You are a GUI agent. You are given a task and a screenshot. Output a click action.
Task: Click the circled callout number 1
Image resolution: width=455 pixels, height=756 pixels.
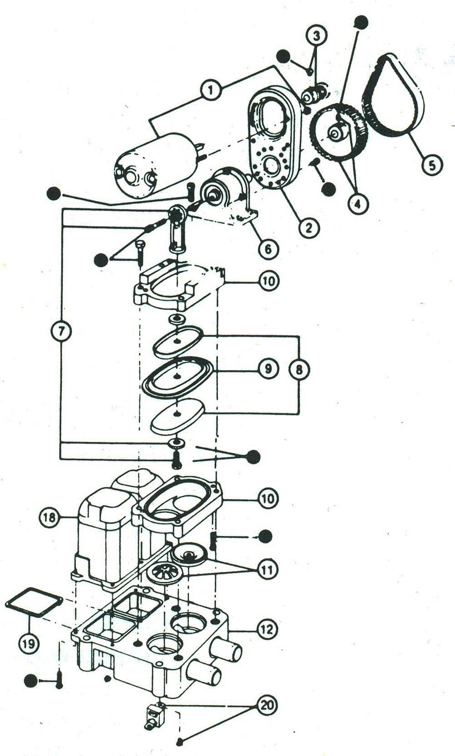pyautogui.click(x=211, y=91)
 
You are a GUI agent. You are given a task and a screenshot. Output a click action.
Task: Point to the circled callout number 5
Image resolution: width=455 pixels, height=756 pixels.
pyautogui.click(x=432, y=165)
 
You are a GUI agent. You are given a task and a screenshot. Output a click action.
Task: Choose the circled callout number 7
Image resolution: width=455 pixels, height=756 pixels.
pyautogui.click(x=61, y=331)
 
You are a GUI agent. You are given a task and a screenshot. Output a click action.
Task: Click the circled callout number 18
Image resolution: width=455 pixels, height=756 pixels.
pyautogui.click(x=49, y=517)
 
